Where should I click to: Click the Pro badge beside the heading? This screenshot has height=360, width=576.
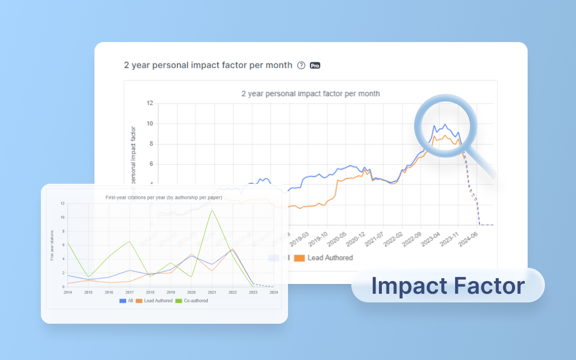pyautogui.click(x=315, y=66)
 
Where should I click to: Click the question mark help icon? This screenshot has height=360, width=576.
pyautogui.click(x=301, y=66)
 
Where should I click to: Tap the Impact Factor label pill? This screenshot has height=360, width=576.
pyautogui.click(x=448, y=286)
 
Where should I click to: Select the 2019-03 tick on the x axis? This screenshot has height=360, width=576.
pyautogui.click(x=300, y=240)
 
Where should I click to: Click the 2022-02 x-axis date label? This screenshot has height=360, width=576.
pyautogui.click(x=392, y=240)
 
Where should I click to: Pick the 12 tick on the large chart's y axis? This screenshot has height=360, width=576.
pyautogui.click(x=149, y=104)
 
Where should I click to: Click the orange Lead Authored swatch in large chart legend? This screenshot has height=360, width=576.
pyautogui.click(x=299, y=258)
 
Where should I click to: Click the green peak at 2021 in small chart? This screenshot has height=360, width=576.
pyautogui.click(x=213, y=210)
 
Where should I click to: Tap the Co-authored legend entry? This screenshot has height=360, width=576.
pyautogui.click(x=191, y=301)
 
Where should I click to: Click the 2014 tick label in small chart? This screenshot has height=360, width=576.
pyautogui.click(x=67, y=293)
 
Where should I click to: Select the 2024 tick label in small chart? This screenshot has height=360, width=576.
pyautogui.click(x=274, y=293)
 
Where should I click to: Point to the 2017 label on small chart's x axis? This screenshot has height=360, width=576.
pyautogui.click(x=130, y=293)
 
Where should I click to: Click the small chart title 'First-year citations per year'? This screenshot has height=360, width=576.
pyautogui.click(x=164, y=198)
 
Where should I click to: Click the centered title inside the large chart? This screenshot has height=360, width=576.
pyautogui.click(x=310, y=93)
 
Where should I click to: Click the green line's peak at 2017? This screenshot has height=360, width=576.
pyautogui.click(x=130, y=241)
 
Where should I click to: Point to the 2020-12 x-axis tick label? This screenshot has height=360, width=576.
pyautogui.click(x=355, y=240)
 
